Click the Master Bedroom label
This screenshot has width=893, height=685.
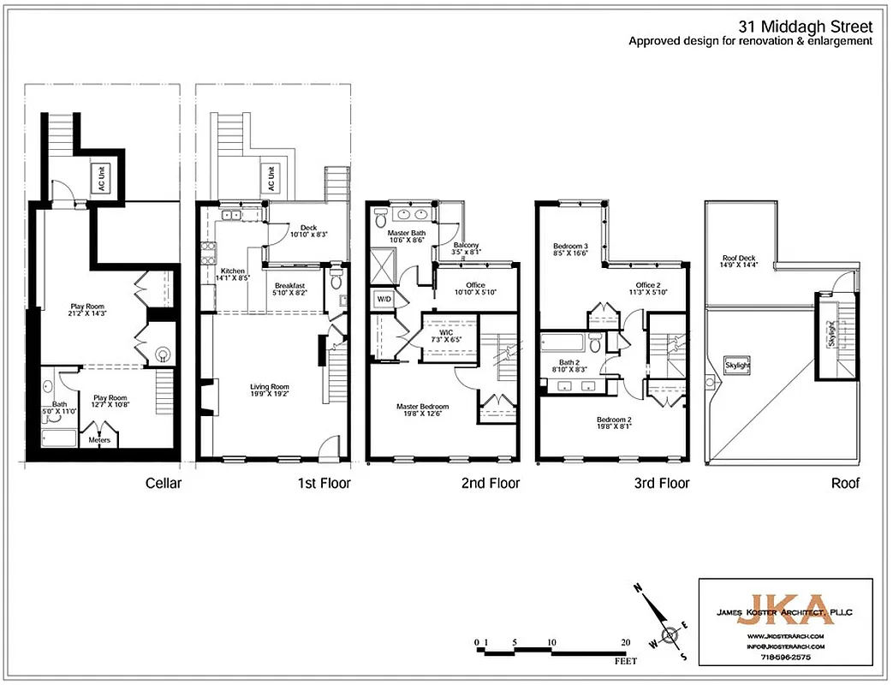click(x=422, y=407)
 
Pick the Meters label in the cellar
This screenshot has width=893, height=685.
click(x=98, y=439)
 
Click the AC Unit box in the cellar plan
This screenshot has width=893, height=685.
click(x=100, y=177)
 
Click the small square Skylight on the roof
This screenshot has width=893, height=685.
click(x=737, y=365)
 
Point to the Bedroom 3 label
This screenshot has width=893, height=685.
click(x=569, y=248)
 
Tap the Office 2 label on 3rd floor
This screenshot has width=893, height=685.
click(x=647, y=285)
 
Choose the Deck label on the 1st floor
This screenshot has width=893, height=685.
click(x=308, y=228)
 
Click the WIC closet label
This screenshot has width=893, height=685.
click(x=446, y=332)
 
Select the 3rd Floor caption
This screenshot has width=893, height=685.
click(x=661, y=484)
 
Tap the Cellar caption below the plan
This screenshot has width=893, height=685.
click(x=163, y=484)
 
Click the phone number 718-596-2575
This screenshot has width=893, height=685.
click(x=784, y=656)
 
